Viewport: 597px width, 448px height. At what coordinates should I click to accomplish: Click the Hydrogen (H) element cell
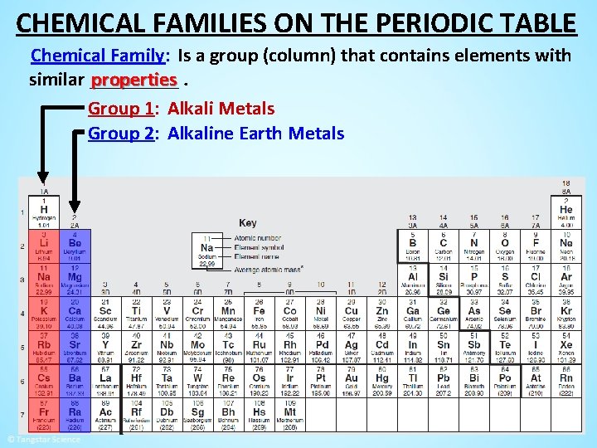click(44, 213)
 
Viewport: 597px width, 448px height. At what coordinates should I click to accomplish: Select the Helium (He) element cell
click(565, 213)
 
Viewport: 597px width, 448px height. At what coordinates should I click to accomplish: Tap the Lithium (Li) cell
click(44, 246)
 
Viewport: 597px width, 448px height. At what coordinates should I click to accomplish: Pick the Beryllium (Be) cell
click(75, 246)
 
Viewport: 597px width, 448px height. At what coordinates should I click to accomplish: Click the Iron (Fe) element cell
click(259, 313)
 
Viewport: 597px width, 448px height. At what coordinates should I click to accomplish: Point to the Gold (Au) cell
click(352, 379)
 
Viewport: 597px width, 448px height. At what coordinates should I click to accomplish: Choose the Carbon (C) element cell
click(443, 246)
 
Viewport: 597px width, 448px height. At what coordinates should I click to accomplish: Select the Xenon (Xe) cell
click(565, 346)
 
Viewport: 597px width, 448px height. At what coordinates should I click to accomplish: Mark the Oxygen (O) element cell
click(504, 246)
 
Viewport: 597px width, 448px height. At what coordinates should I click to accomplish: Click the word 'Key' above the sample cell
click(247, 222)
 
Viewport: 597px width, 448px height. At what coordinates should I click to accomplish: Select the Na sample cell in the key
click(207, 250)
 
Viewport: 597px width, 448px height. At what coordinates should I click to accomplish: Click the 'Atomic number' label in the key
click(258, 238)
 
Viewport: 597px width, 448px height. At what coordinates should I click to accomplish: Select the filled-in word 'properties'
click(133, 80)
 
